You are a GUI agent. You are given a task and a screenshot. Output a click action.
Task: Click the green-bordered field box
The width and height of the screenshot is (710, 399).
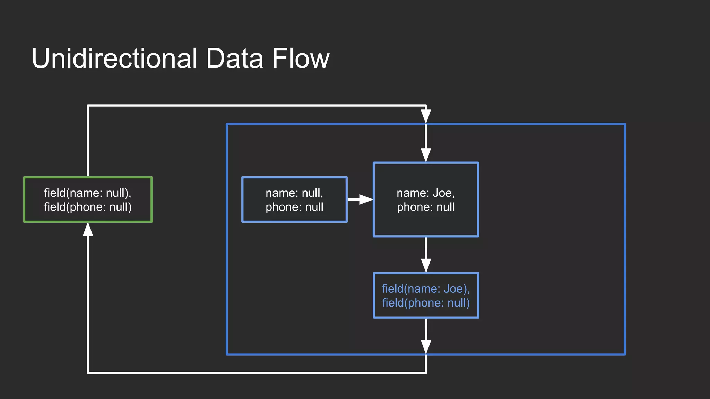click(x=88, y=199)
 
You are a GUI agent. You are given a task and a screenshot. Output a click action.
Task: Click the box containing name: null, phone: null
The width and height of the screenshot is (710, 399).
click(x=294, y=199)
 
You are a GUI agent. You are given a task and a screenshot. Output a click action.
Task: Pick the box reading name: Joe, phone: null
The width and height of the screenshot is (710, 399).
click(x=426, y=199)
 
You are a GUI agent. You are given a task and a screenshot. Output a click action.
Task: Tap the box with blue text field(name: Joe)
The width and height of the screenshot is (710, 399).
click(x=426, y=295)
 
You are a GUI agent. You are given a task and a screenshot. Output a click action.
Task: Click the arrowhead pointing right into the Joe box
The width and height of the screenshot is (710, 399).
click(x=365, y=199)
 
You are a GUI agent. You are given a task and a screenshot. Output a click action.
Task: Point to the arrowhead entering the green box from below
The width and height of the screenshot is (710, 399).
click(x=88, y=230)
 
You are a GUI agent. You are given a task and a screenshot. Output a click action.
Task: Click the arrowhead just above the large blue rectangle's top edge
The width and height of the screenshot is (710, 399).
click(x=426, y=116)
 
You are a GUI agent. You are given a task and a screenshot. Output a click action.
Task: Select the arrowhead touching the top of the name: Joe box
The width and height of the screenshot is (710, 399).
click(x=426, y=155)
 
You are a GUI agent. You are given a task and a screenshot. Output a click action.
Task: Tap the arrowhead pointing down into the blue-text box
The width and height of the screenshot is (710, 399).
click(x=426, y=265)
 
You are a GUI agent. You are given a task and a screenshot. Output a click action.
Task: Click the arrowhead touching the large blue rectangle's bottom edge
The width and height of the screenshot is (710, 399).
click(x=426, y=347)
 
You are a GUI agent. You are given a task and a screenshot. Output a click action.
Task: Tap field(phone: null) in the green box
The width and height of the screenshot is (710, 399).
click(x=88, y=207)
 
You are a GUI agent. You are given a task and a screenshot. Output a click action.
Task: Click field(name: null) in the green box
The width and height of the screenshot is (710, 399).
click(x=87, y=193)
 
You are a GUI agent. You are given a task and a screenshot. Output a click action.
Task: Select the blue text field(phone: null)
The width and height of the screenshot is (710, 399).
click(x=426, y=303)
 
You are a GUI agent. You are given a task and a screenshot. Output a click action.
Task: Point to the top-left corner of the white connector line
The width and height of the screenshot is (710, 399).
click(x=88, y=106)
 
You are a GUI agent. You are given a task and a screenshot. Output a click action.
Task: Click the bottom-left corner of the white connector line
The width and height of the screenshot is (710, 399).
click(x=88, y=373)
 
